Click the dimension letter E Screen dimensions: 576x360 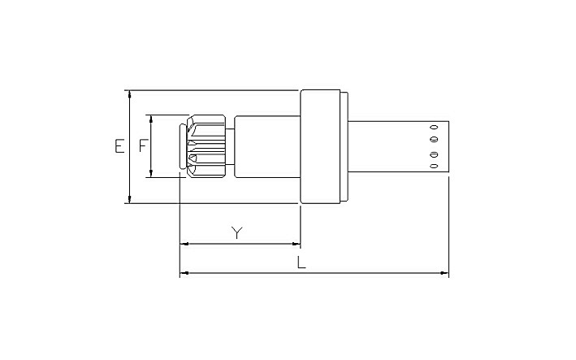click(x=119, y=145)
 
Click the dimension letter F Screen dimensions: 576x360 click(x=143, y=145)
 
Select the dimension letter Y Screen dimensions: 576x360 click(x=237, y=232)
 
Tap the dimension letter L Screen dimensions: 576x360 click(x=301, y=262)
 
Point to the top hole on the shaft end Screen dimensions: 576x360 click(x=434, y=128)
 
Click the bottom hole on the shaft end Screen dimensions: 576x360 click(x=434, y=166)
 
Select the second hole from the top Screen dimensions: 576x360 click(x=434, y=140)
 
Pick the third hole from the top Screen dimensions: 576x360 click(x=434, y=154)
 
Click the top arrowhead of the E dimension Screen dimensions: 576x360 click(x=130, y=94)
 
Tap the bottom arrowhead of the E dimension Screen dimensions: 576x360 click(x=130, y=199)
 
